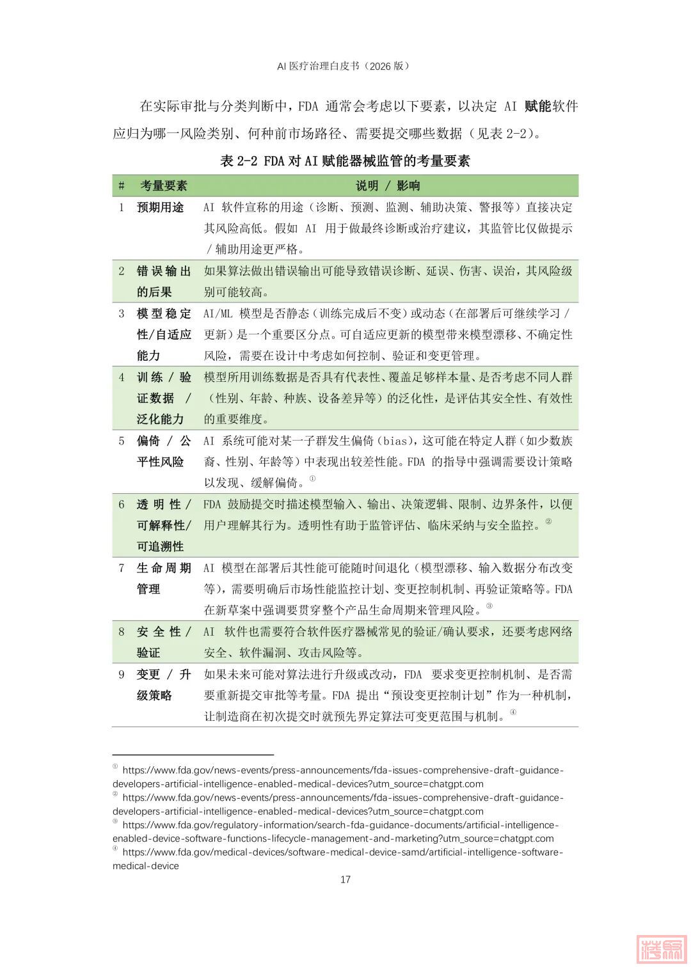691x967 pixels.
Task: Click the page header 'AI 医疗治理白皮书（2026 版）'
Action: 345,66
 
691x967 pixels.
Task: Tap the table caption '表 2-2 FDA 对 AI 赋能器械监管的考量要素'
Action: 345,161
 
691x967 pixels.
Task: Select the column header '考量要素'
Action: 164,185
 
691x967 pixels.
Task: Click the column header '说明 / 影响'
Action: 388,185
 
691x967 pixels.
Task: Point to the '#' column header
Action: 122,185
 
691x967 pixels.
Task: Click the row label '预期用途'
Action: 161,207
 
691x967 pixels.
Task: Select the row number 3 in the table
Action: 122,313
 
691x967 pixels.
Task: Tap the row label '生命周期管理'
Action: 164,578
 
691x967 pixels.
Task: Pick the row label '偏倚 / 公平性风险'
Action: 164,451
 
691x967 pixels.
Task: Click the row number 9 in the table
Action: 122,674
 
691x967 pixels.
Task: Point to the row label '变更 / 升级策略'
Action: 164,684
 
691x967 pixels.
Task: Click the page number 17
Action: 345,879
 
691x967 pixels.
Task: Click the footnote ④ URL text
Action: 338,859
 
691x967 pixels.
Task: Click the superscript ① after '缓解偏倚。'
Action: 312,478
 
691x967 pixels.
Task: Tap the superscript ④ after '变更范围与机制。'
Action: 513,712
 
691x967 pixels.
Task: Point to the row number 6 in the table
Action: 122,504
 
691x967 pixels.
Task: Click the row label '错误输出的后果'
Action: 164,281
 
